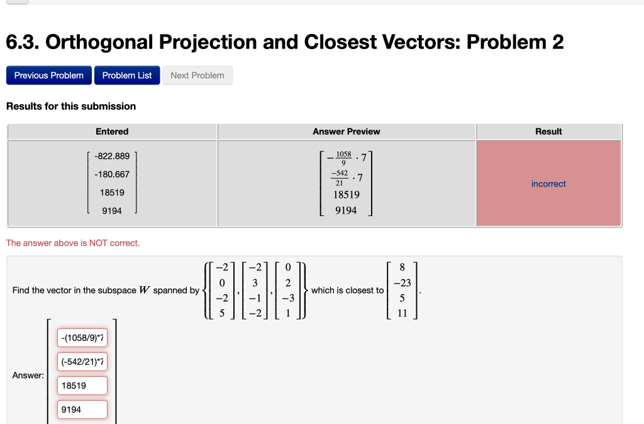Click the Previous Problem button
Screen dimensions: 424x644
(49, 76)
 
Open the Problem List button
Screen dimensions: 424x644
(127, 76)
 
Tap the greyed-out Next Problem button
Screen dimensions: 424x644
(197, 76)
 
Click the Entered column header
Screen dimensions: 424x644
(112, 132)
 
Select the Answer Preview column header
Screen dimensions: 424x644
(347, 132)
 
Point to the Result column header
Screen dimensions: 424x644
(548, 132)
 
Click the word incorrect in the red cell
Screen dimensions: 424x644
(548, 184)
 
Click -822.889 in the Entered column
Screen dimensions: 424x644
(112, 156)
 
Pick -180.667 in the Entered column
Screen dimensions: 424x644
(112, 175)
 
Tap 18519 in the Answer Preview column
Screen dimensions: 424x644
(347, 195)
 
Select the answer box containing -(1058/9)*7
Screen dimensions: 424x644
(82, 338)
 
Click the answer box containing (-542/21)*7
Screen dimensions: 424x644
(82, 362)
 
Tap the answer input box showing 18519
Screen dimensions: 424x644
(82, 386)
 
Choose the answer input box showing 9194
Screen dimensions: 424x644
(82, 410)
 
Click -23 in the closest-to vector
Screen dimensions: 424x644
(402, 284)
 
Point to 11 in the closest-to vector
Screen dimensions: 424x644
(402, 313)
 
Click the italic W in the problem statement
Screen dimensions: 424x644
(144, 290)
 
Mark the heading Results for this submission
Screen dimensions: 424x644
(71, 106)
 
